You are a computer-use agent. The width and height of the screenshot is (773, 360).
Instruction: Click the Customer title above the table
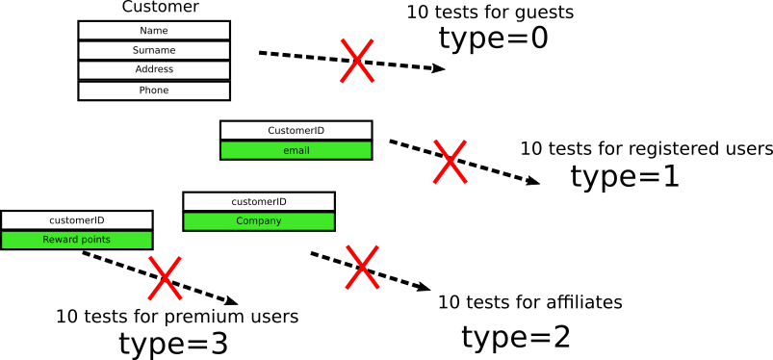point(161,8)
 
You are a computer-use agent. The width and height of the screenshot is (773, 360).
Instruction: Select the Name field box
point(154,31)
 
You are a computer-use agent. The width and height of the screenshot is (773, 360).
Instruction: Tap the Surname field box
point(154,50)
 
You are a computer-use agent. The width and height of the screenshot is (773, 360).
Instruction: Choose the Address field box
point(154,70)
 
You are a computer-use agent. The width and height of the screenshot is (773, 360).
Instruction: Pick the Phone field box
point(154,90)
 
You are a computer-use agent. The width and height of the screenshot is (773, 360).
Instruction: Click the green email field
point(296,151)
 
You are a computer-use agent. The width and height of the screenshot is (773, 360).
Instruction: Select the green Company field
point(259,221)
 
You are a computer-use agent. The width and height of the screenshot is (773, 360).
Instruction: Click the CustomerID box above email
point(296,131)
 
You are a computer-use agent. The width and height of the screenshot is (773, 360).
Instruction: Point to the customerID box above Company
point(259,202)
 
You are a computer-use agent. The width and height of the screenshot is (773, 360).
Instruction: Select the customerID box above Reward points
point(77,220)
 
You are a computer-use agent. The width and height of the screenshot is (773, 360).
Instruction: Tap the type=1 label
point(625,177)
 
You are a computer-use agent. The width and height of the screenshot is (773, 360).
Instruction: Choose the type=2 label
point(516,338)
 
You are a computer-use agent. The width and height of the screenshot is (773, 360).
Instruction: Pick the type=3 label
point(173,344)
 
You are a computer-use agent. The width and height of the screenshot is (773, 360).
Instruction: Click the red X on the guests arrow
point(356,61)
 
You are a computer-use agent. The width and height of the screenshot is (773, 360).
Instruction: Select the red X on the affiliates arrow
point(361,267)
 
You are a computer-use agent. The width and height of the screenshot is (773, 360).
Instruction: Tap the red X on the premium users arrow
point(165,277)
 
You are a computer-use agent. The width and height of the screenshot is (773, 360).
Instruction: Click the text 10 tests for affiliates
point(529,302)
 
